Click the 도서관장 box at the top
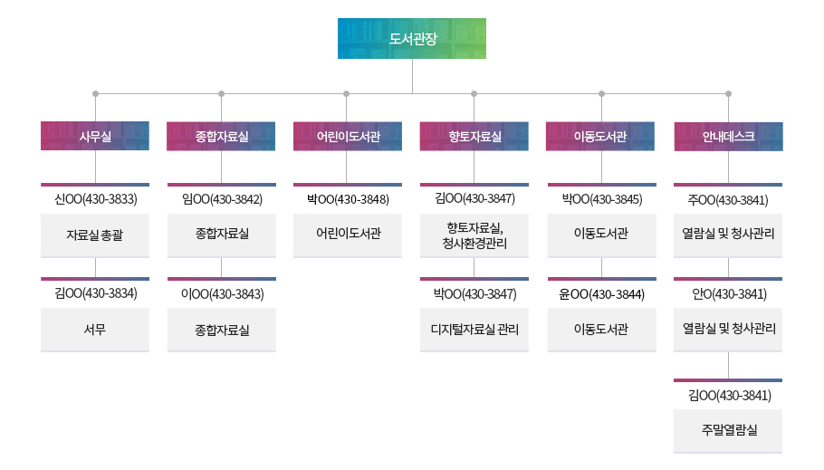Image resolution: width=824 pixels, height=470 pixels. click(x=412, y=39)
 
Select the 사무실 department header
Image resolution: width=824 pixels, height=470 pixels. click(x=95, y=136)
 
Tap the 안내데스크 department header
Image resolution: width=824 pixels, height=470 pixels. click(x=728, y=136)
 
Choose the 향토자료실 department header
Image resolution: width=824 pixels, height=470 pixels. click(x=474, y=136)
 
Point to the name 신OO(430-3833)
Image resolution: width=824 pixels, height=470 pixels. click(x=95, y=199)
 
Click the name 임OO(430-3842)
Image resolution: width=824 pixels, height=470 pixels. click(x=222, y=199)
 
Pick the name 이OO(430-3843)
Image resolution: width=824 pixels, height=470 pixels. click(x=222, y=293)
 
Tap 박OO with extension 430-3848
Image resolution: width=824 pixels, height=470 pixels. click(x=348, y=199)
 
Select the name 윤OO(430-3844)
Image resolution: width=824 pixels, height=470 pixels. click(x=601, y=293)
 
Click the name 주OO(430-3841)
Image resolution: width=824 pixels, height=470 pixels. click(x=728, y=199)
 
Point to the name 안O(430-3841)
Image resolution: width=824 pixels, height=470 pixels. click(x=728, y=293)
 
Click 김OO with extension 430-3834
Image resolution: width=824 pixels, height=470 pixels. click(x=95, y=293)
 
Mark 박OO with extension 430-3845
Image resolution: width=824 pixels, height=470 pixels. click(x=601, y=199)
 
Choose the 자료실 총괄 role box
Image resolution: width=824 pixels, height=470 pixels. click(x=95, y=235)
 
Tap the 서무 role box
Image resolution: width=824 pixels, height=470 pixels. click(x=95, y=330)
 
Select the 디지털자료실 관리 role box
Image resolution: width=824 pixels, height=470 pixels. click(x=474, y=330)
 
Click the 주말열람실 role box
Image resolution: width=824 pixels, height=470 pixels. click(x=728, y=430)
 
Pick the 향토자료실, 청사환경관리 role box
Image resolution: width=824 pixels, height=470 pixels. click(x=474, y=235)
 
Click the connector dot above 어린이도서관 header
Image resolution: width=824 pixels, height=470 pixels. click(x=347, y=92)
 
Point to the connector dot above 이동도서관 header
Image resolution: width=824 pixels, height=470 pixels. click(x=601, y=92)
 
